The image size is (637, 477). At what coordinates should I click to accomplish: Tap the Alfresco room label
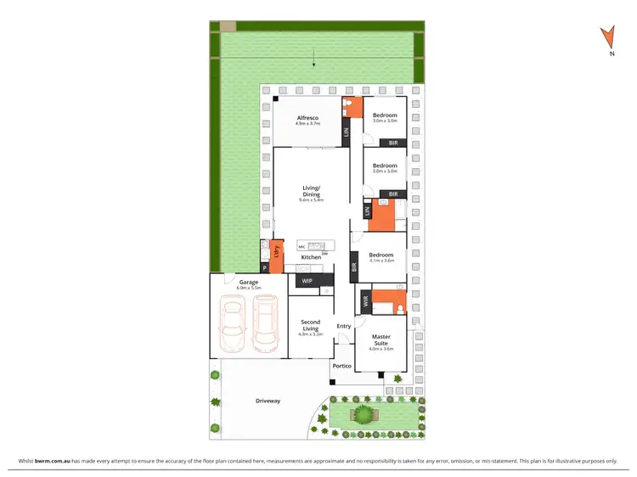pyautogui.click(x=307, y=117)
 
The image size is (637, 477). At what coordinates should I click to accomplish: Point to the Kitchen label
pyautogui.click(x=311, y=256)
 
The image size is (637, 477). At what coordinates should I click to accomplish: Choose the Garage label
pyautogui.click(x=248, y=282)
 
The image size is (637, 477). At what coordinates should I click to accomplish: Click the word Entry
pyautogui.click(x=343, y=326)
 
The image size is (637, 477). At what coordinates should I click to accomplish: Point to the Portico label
pyautogui.click(x=341, y=366)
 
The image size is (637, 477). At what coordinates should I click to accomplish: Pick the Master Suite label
pyautogui.click(x=381, y=340)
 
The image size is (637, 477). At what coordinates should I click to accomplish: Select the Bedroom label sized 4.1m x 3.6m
pyautogui.click(x=381, y=255)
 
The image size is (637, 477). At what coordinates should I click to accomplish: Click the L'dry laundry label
pyautogui.click(x=276, y=252)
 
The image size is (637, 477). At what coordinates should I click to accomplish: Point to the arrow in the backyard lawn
pyautogui.click(x=314, y=59)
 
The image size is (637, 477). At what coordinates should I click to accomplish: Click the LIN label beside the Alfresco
pyautogui.click(x=346, y=132)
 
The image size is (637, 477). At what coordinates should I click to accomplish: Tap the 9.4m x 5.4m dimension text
pyautogui.click(x=311, y=200)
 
